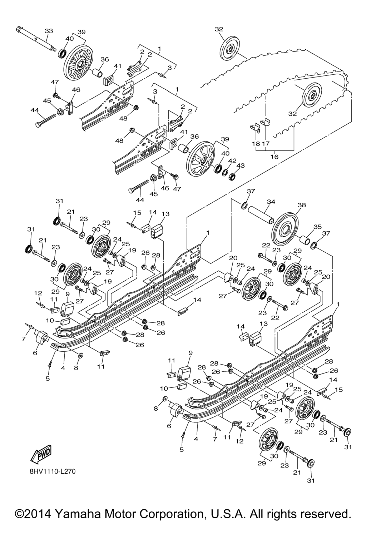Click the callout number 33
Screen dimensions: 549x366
(x=49, y=31)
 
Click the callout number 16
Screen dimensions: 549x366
(x=274, y=156)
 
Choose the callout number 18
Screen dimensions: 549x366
(x=256, y=143)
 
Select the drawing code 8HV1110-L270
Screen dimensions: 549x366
(x=53, y=471)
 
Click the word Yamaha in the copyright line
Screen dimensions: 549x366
(x=78, y=514)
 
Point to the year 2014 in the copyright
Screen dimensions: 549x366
(x=37, y=514)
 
